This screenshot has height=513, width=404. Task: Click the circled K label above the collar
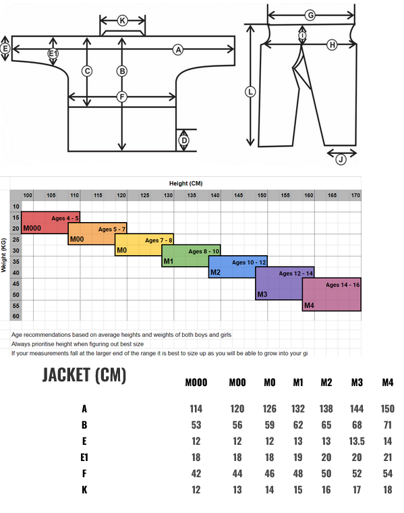coord(122,21)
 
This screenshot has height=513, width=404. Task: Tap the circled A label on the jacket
coord(178,50)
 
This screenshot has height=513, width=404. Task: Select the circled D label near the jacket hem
coord(184,140)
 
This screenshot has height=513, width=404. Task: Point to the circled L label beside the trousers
coord(250,92)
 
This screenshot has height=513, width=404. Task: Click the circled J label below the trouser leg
coord(341,159)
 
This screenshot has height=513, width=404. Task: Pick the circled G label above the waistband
coord(310,15)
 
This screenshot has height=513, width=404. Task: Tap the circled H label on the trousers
coord(332,45)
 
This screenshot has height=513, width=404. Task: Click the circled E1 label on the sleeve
coord(53,53)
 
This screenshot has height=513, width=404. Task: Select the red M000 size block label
coord(32,228)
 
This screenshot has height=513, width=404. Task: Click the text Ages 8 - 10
coord(204,251)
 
